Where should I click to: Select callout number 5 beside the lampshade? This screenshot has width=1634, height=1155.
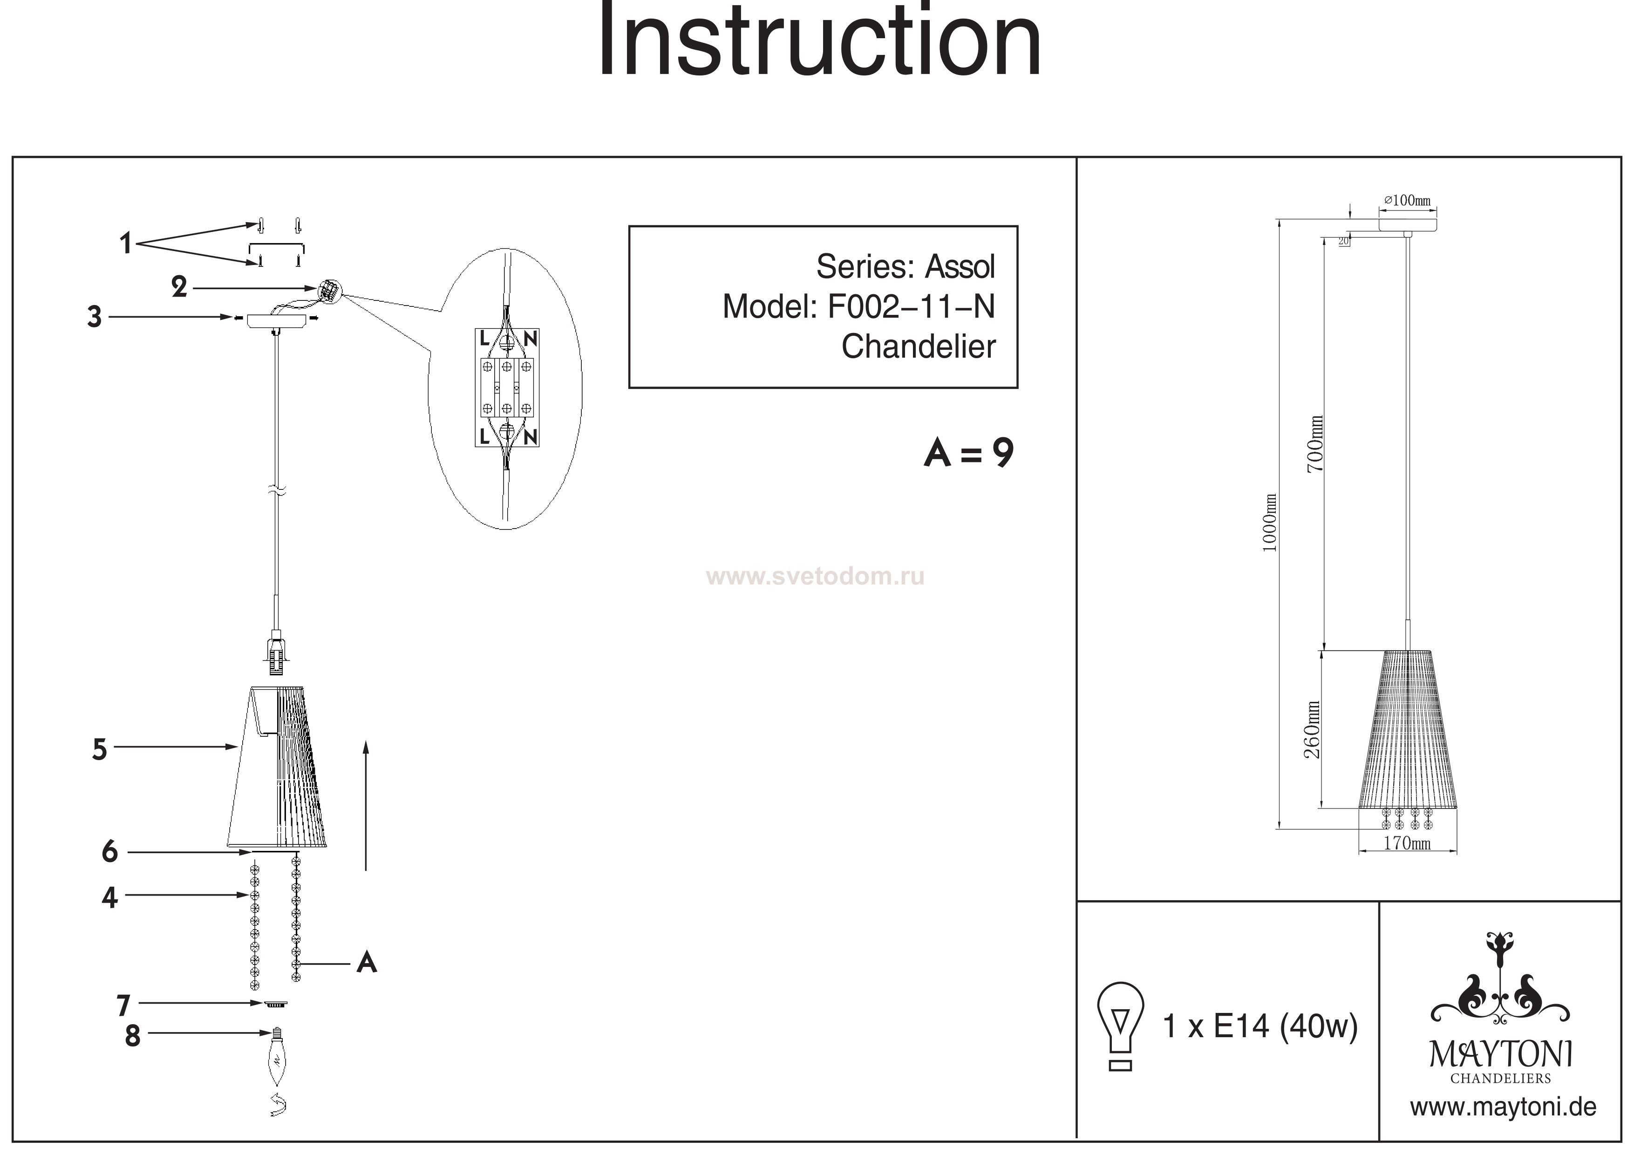tap(100, 749)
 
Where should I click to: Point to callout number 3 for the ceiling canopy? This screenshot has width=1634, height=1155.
tap(94, 317)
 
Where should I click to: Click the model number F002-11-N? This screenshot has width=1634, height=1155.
tap(911, 307)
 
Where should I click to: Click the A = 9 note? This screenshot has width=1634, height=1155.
tap(968, 453)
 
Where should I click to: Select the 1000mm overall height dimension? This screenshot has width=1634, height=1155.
tap(1270, 523)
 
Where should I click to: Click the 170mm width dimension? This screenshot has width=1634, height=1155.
tap(1407, 843)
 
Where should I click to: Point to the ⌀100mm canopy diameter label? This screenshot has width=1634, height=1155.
tap(1407, 201)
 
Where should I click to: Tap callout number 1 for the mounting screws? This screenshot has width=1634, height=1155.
tap(125, 244)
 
